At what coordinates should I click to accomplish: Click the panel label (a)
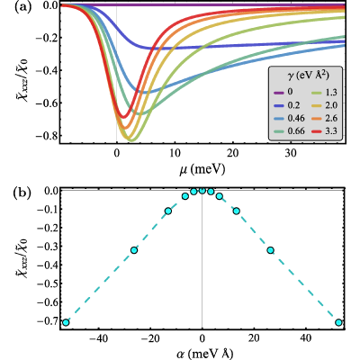coord(22,7)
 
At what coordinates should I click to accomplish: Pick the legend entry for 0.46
coord(287,118)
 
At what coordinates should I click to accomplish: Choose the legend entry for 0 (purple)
coord(283,91)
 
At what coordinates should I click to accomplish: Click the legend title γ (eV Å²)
coord(305,76)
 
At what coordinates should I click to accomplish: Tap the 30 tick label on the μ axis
coord(291,153)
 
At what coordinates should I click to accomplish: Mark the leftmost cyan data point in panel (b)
coord(66,323)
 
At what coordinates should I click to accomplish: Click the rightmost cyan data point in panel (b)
coord(338,323)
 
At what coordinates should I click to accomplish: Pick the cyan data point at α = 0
coord(202,190)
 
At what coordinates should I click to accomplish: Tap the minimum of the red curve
coord(123,117)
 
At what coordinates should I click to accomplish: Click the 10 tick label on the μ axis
coord(175,153)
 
